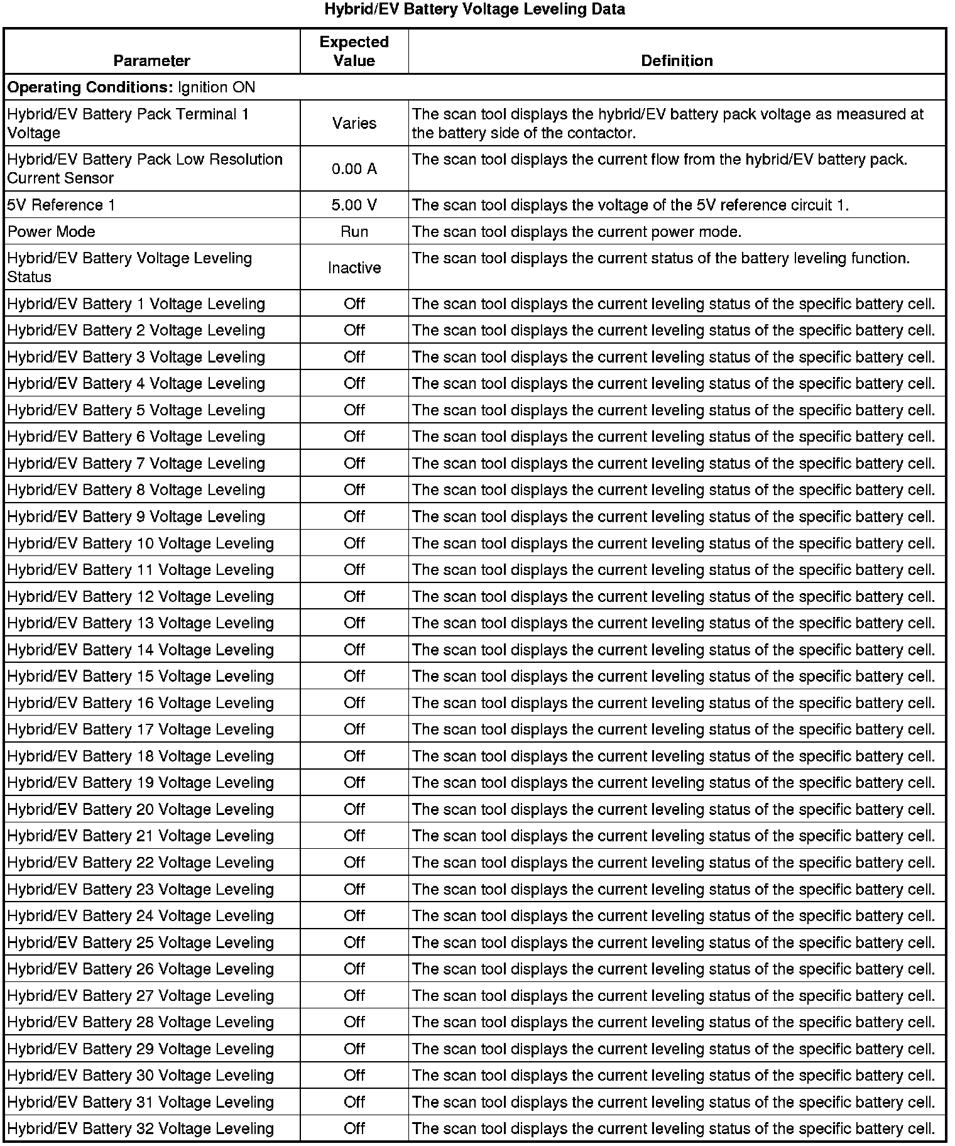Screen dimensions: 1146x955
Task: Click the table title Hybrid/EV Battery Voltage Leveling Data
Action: pos(474,9)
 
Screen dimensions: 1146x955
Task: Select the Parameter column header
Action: pos(151,61)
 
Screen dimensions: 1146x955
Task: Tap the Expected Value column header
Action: pos(354,52)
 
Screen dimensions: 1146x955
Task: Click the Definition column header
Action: pos(677,61)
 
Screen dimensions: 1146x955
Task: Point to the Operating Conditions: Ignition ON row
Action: pos(131,87)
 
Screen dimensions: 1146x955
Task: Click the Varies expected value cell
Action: pos(354,123)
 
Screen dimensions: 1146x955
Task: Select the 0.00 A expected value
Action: pos(354,169)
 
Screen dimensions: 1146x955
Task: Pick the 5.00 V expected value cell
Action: pos(354,205)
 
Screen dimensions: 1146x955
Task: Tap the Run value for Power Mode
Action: pos(354,232)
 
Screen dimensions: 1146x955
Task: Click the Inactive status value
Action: pos(354,268)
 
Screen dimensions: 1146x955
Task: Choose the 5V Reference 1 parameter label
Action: pos(61,205)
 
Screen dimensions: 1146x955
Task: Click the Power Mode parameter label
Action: pos(51,232)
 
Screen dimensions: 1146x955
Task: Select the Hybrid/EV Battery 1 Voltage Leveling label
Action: pos(136,304)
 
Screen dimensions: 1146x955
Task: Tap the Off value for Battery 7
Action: pos(354,463)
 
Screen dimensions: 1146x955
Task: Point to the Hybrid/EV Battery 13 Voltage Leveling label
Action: pos(140,623)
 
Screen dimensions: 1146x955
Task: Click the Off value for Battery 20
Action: pos(354,809)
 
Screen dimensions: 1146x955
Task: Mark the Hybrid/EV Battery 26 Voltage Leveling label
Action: pos(140,969)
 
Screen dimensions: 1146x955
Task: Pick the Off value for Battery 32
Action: pos(354,1128)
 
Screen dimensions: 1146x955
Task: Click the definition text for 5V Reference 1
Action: pos(630,205)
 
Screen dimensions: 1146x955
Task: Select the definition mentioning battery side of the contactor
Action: pos(668,123)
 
